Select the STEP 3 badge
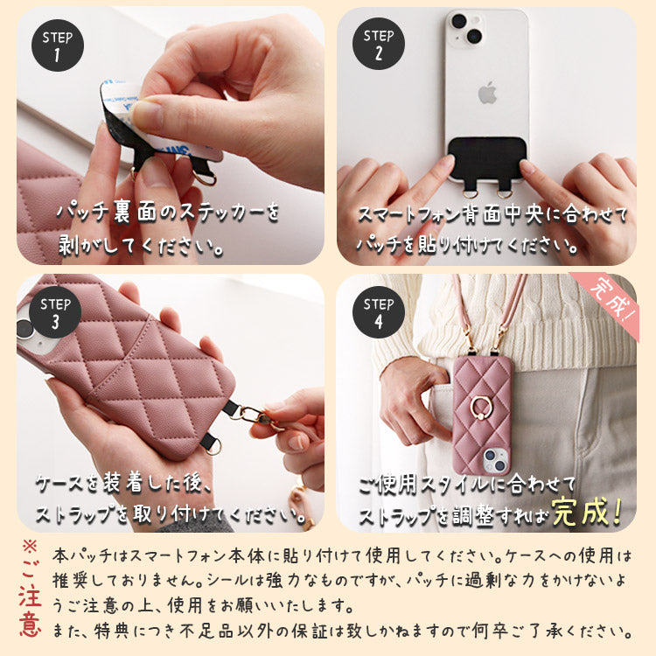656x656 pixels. pyautogui.click(x=58, y=311)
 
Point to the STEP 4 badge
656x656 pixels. pyautogui.click(x=379, y=311)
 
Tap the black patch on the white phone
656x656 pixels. pyautogui.click(x=486, y=158)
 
